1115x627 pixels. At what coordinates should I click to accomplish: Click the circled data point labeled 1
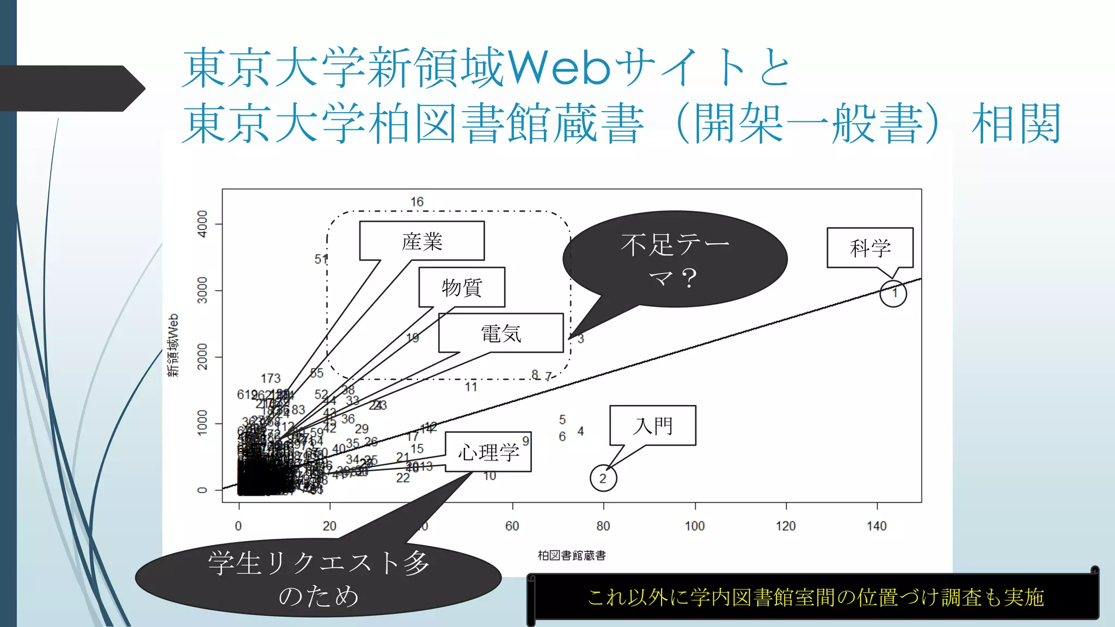893,293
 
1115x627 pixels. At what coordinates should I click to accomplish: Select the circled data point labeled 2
603,478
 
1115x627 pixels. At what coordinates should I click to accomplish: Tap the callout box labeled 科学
870,248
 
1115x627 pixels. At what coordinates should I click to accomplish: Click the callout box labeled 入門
653,425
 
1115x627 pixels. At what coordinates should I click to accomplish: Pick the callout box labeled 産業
422,241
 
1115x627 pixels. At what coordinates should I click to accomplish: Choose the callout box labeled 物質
462,287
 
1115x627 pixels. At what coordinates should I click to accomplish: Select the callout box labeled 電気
501,333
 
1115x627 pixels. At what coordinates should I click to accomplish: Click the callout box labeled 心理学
488,452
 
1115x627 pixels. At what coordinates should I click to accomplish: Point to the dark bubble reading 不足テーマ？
675,259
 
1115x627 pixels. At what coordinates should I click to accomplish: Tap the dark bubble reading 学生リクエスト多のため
318,578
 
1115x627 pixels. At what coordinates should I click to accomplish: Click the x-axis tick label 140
877,526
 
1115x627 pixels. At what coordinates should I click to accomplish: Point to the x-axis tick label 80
603,526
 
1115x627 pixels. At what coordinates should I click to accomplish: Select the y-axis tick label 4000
203,224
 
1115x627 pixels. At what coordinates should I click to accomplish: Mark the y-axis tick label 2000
203,357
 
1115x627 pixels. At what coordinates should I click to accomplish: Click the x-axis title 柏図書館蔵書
572,555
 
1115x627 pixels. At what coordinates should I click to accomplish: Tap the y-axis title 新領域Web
173,345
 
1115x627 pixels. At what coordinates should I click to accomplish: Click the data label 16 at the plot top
416,202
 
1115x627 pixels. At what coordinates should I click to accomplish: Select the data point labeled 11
471,387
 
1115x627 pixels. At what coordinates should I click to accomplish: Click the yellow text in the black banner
816,597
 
